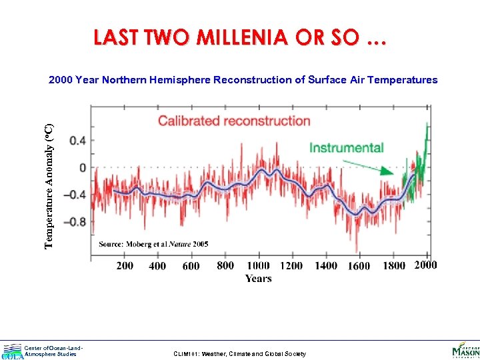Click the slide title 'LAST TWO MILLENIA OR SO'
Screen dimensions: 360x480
[x=239, y=38]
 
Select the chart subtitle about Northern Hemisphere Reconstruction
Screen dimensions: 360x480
[x=243, y=80]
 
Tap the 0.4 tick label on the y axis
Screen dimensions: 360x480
[x=78, y=140]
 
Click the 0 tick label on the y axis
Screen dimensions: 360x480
[x=82, y=167]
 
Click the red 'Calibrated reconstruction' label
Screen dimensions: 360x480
[x=234, y=121]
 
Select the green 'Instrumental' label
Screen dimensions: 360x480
[x=346, y=147]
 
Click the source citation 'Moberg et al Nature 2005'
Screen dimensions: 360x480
[x=153, y=244]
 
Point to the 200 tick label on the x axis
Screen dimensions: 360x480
[x=125, y=265]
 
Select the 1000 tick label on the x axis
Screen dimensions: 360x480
[x=258, y=265]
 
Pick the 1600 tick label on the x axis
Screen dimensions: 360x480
[x=359, y=265]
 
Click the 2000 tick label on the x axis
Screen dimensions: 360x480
[x=425, y=265]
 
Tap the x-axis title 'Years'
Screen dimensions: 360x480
[x=258, y=278]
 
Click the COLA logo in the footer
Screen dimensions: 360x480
[x=12, y=351]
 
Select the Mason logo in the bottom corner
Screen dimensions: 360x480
[x=465, y=350]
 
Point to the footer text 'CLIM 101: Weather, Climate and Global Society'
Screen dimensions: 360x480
[x=239, y=354]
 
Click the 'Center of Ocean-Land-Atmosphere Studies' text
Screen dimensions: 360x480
[x=53, y=351]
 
